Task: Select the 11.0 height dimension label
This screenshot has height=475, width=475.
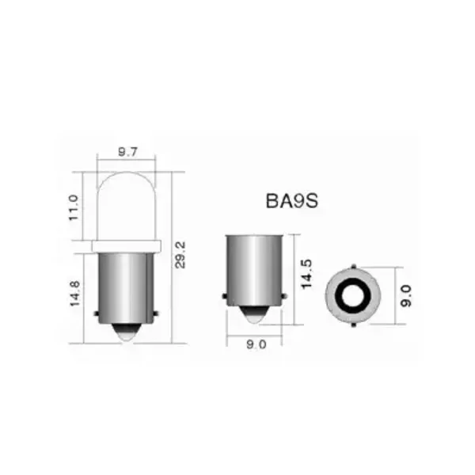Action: point(74,207)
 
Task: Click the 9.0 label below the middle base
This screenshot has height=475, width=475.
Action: point(255,344)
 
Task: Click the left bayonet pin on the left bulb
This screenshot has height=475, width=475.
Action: point(97,314)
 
